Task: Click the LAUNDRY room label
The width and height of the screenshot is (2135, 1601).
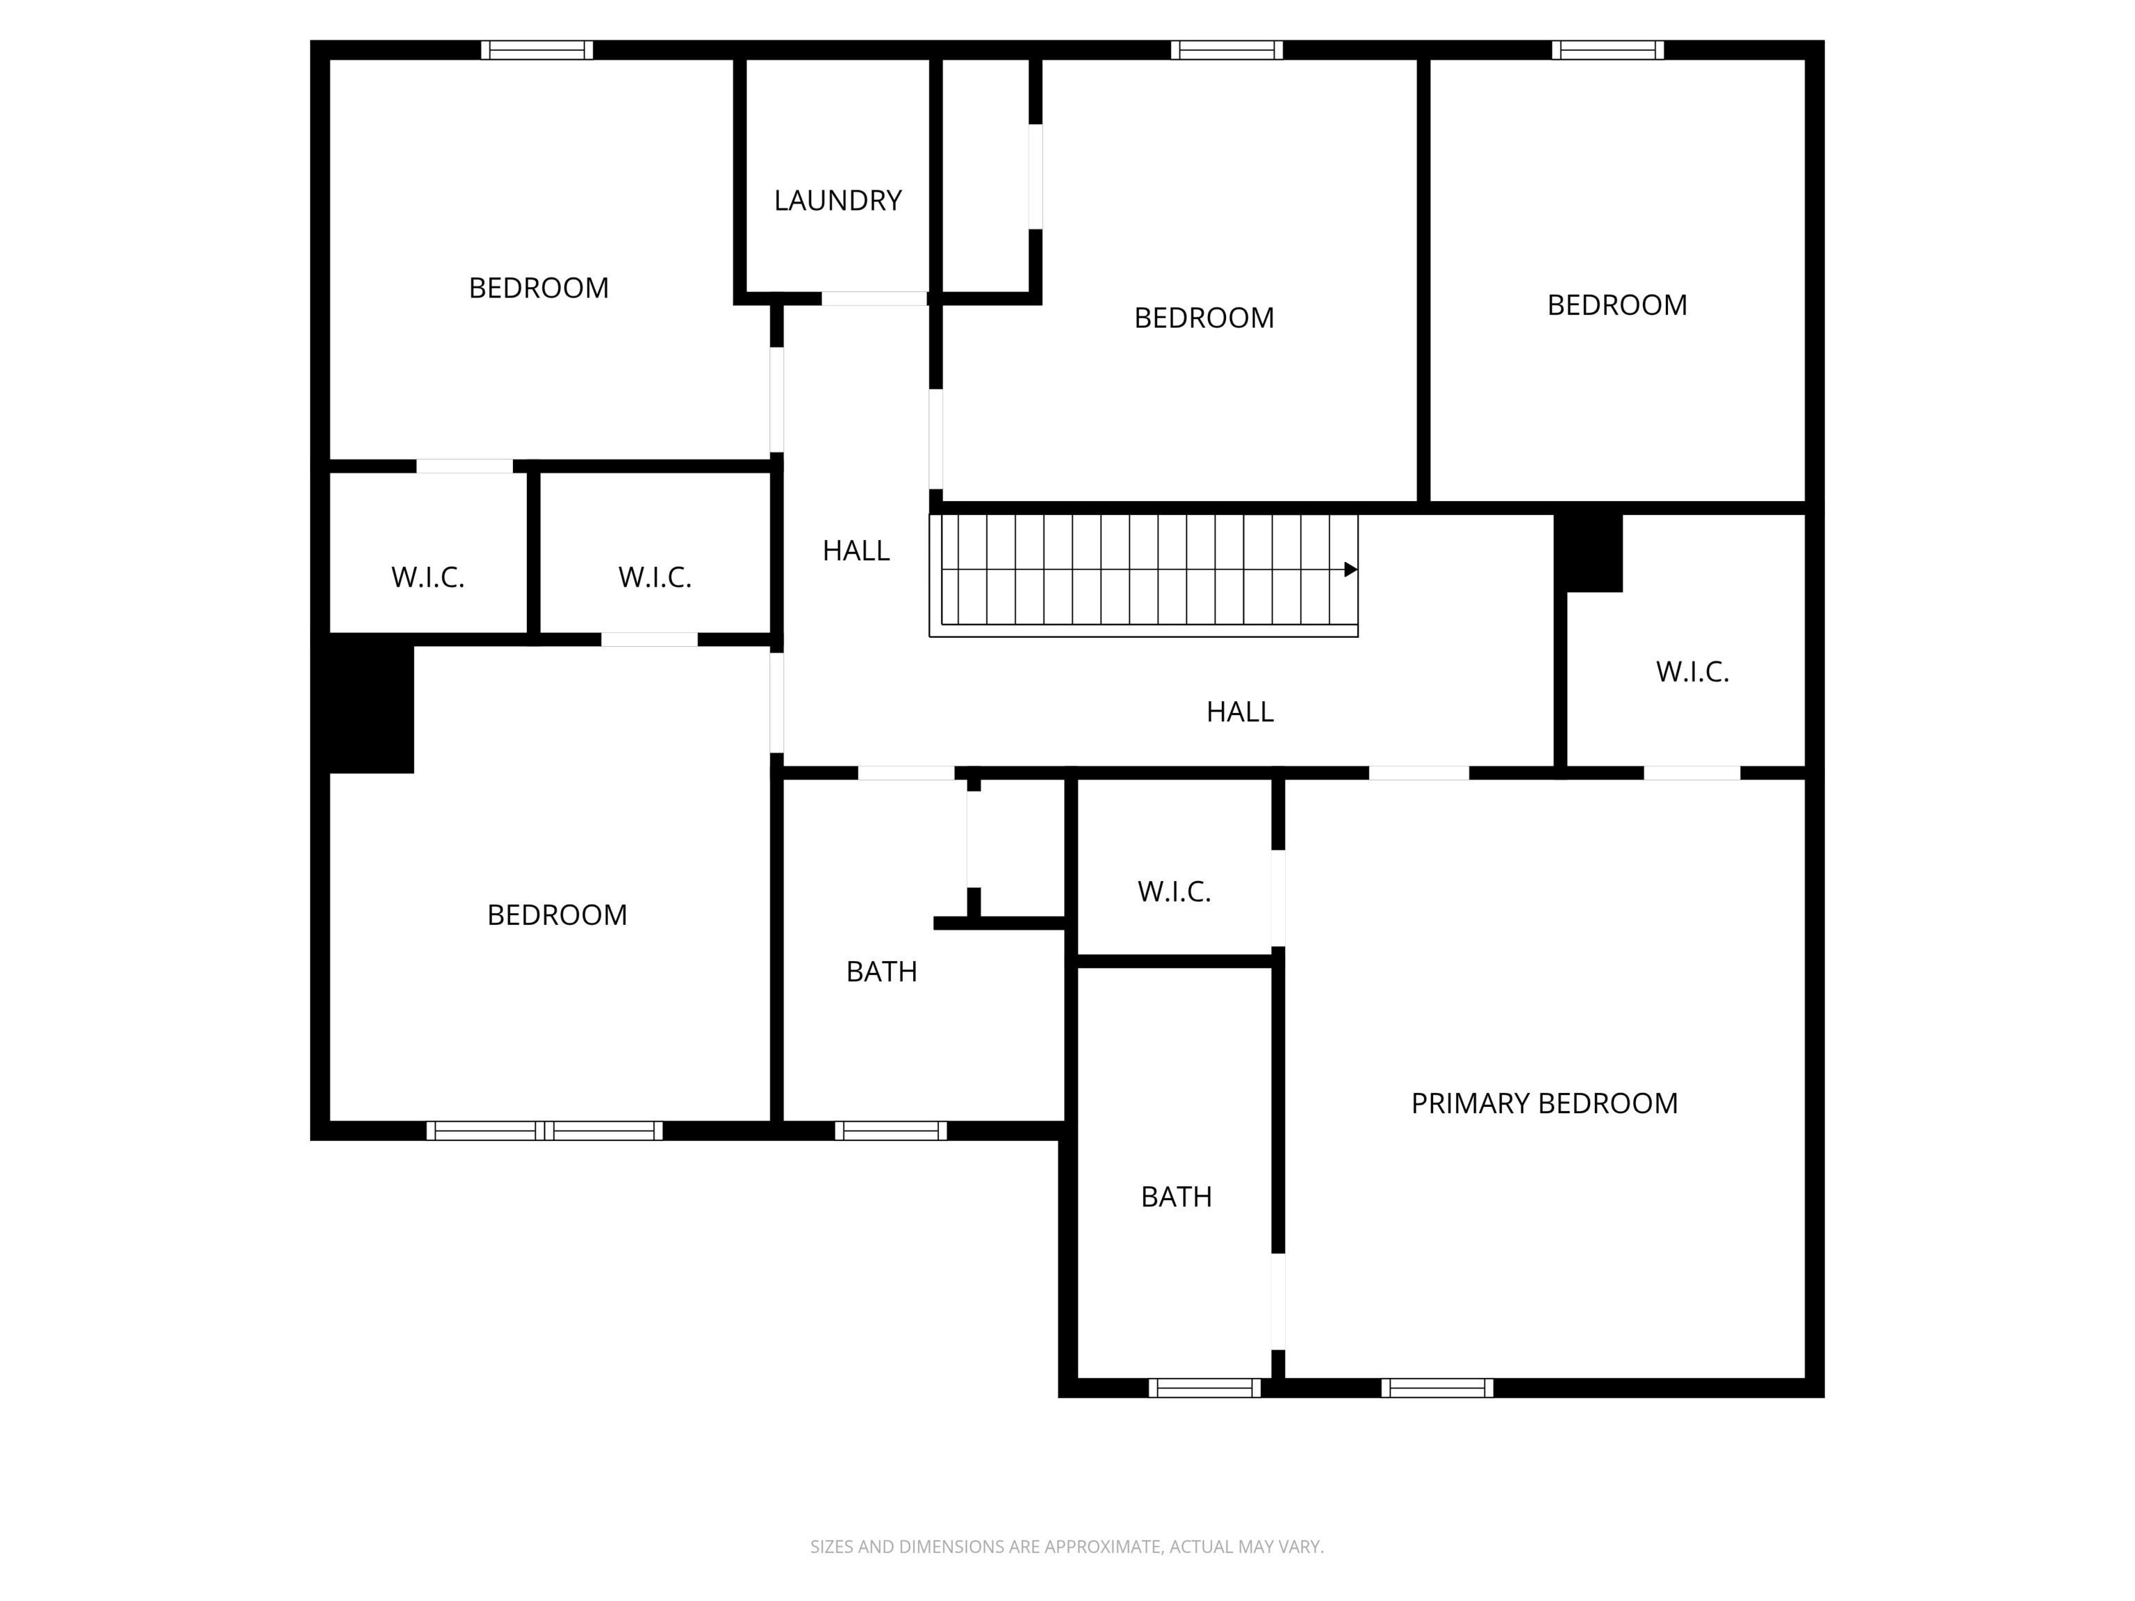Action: tap(837, 201)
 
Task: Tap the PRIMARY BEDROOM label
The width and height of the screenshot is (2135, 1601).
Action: tap(1544, 1103)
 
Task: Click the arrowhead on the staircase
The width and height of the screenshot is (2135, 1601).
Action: tap(1350, 569)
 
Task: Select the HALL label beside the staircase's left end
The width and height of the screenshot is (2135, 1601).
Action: tap(855, 551)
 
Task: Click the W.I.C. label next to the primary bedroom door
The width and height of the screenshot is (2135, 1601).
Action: tap(1692, 672)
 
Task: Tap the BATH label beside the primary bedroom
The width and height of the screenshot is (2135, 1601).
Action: tap(1176, 1197)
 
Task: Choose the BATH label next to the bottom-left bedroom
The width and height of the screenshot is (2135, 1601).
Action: tap(881, 972)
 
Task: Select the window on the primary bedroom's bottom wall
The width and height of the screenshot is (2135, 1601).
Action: tap(1437, 1388)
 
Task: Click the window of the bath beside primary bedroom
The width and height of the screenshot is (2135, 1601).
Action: tap(1204, 1388)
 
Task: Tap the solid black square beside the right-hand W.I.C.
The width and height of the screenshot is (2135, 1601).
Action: tap(1588, 552)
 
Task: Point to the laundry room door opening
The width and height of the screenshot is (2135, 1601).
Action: tap(874, 298)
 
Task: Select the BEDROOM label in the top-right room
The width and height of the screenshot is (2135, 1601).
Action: tap(1617, 305)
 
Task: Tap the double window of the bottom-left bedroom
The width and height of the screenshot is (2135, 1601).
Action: tap(544, 1131)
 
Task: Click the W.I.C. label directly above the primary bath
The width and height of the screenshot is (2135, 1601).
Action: tap(1174, 892)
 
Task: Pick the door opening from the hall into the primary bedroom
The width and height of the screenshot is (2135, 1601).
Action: tap(1419, 773)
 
